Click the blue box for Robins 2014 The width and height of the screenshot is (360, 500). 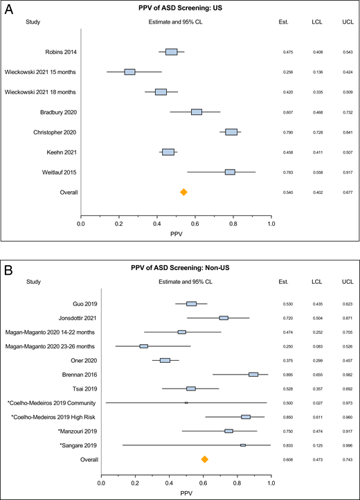tap(171, 52)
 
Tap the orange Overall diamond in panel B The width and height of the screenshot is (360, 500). tap(204, 439)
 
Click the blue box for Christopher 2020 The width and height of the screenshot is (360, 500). tap(231, 112)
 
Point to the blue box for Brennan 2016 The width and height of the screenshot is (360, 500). tap(253, 374)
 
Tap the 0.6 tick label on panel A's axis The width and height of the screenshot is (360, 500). tap(196, 224)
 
